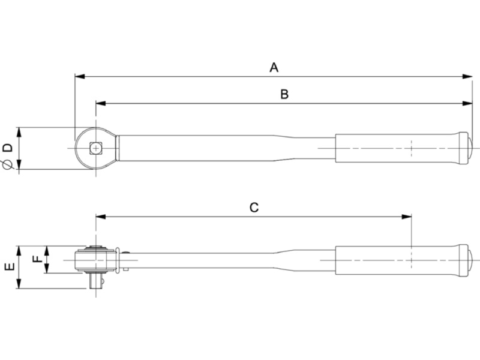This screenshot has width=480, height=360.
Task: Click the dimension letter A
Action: coord(274,67)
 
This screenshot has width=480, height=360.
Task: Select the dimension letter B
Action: coord(284,94)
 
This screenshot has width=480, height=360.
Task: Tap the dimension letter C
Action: coord(254,208)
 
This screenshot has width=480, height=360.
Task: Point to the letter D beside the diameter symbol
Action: coord(7,148)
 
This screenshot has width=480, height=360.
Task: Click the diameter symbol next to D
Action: coord(7,165)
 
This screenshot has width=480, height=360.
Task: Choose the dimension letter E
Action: coord(8,267)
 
